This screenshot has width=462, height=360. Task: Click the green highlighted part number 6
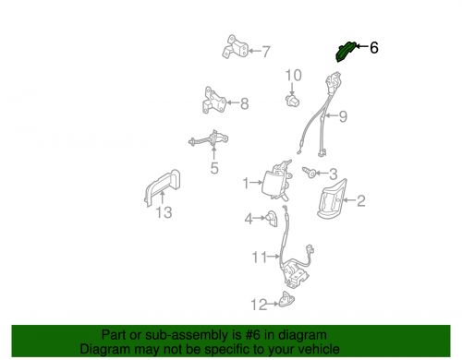click(345, 52)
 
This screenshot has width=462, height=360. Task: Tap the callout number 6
click(373, 48)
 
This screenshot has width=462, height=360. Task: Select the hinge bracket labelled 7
click(235, 47)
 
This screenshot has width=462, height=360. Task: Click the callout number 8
click(245, 103)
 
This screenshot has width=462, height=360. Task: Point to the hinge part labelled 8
click(214, 101)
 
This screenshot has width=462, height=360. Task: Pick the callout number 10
click(294, 76)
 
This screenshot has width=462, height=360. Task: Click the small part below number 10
click(293, 101)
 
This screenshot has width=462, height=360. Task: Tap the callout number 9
click(343, 116)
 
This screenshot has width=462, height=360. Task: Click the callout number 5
click(214, 168)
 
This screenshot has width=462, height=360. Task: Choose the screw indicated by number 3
click(310, 173)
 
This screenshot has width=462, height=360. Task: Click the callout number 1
click(246, 184)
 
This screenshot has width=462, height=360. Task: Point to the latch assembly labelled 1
click(277, 180)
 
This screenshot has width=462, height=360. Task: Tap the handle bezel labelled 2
click(331, 199)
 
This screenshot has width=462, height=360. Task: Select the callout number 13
click(164, 212)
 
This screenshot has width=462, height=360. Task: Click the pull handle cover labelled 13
click(163, 187)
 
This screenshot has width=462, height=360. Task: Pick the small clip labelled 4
click(272, 219)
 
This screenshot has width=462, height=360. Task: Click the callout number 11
click(260, 258)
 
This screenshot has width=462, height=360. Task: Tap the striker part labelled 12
click(286, 299)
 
